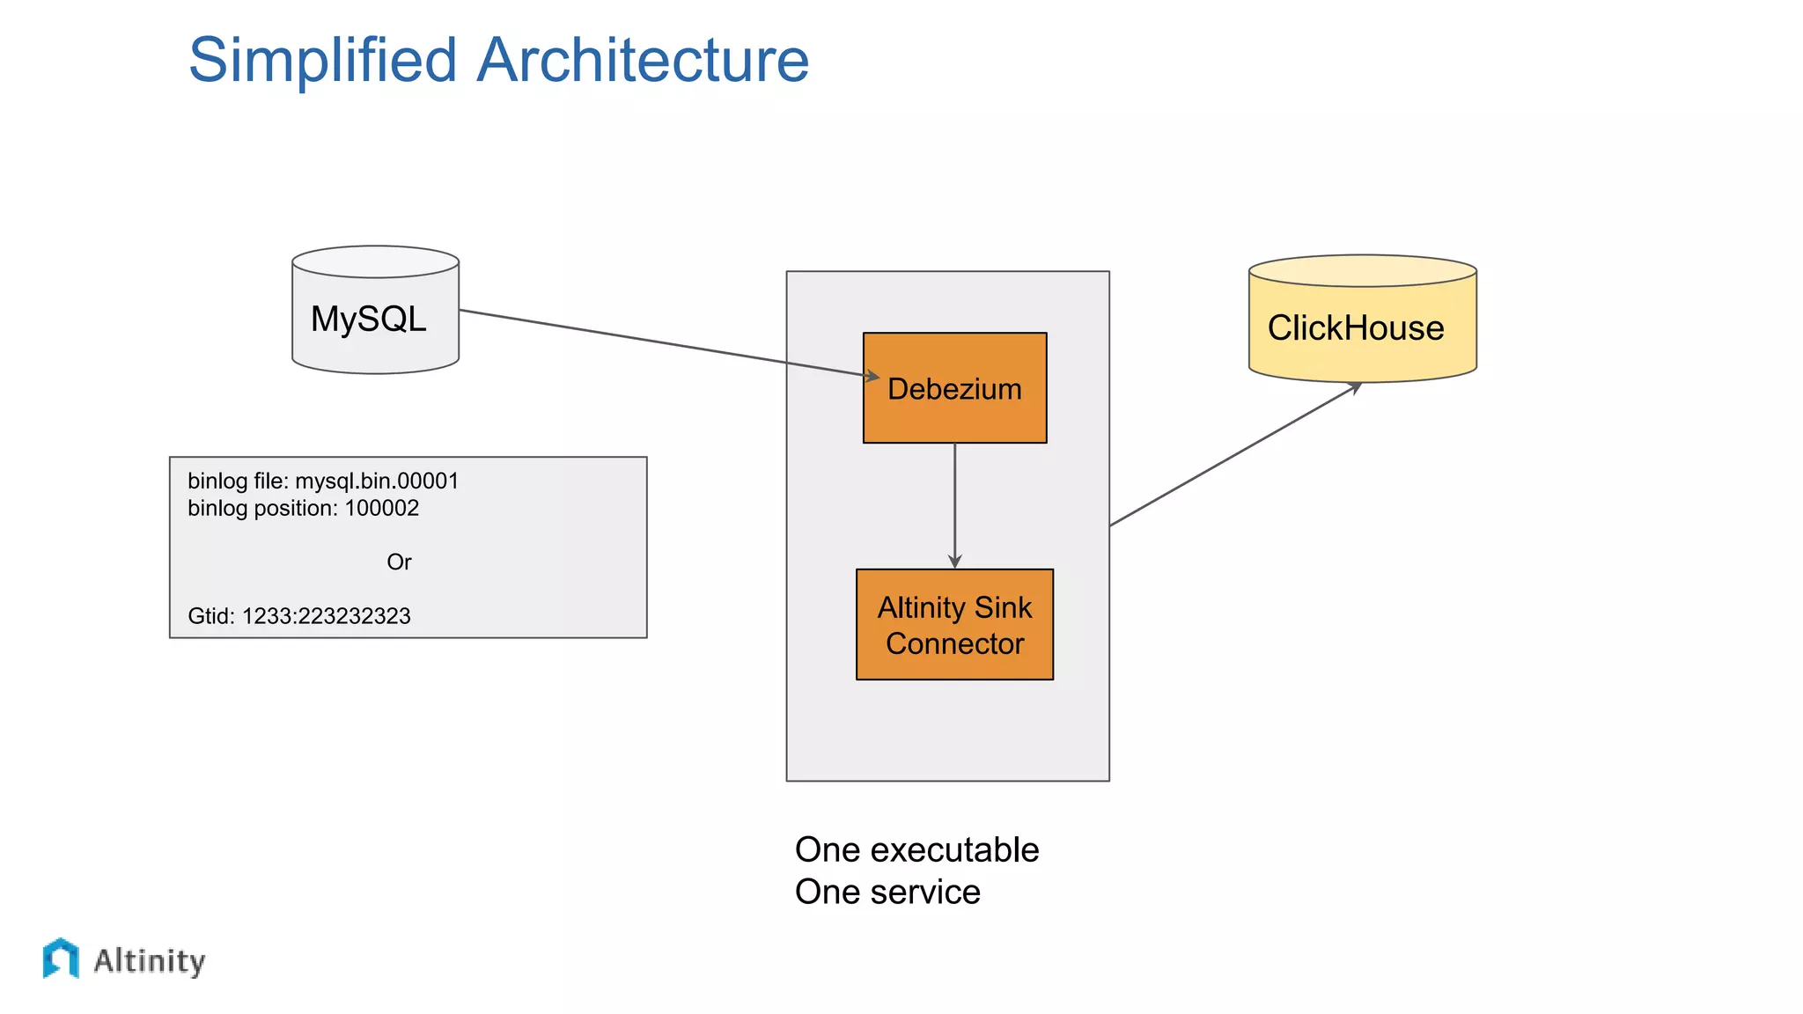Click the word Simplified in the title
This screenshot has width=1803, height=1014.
click(x=322, y=60)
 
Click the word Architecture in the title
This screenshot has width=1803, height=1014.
click(x=642, y=60)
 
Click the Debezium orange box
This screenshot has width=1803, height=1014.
click(x=954, y=388)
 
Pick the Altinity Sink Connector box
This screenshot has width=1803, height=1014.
click(x=954, y=625)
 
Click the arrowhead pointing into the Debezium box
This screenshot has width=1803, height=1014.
click(x=872, y=377)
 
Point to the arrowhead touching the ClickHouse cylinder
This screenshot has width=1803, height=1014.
click(x=1356, y=386)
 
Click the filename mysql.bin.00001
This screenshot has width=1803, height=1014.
click(x=377, y=481)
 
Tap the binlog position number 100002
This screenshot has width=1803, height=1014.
click(x=381, y=509)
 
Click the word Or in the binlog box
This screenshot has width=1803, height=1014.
click(x=399, y=562)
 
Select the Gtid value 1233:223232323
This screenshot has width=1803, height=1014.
click(x=326, y=616)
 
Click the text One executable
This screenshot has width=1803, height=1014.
click(x=916, y=850)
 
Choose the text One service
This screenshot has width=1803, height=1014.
click(x=887, y=893)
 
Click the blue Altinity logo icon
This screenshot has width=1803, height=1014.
click(x=61, y=958)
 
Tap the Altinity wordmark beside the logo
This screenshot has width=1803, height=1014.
click(x=150, y=961)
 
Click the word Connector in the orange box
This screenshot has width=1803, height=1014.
click(x=954, y=644)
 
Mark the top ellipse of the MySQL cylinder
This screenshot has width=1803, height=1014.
click(x=375, y=262)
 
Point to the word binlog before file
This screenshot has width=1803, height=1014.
click(x=217, y=481)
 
